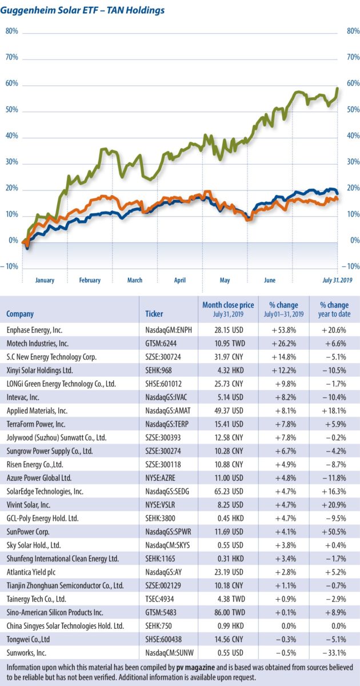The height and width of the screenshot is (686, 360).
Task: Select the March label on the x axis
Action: (135, 280)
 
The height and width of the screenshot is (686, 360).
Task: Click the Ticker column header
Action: (155, 314)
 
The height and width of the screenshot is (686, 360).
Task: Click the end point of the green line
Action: (338, 88)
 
